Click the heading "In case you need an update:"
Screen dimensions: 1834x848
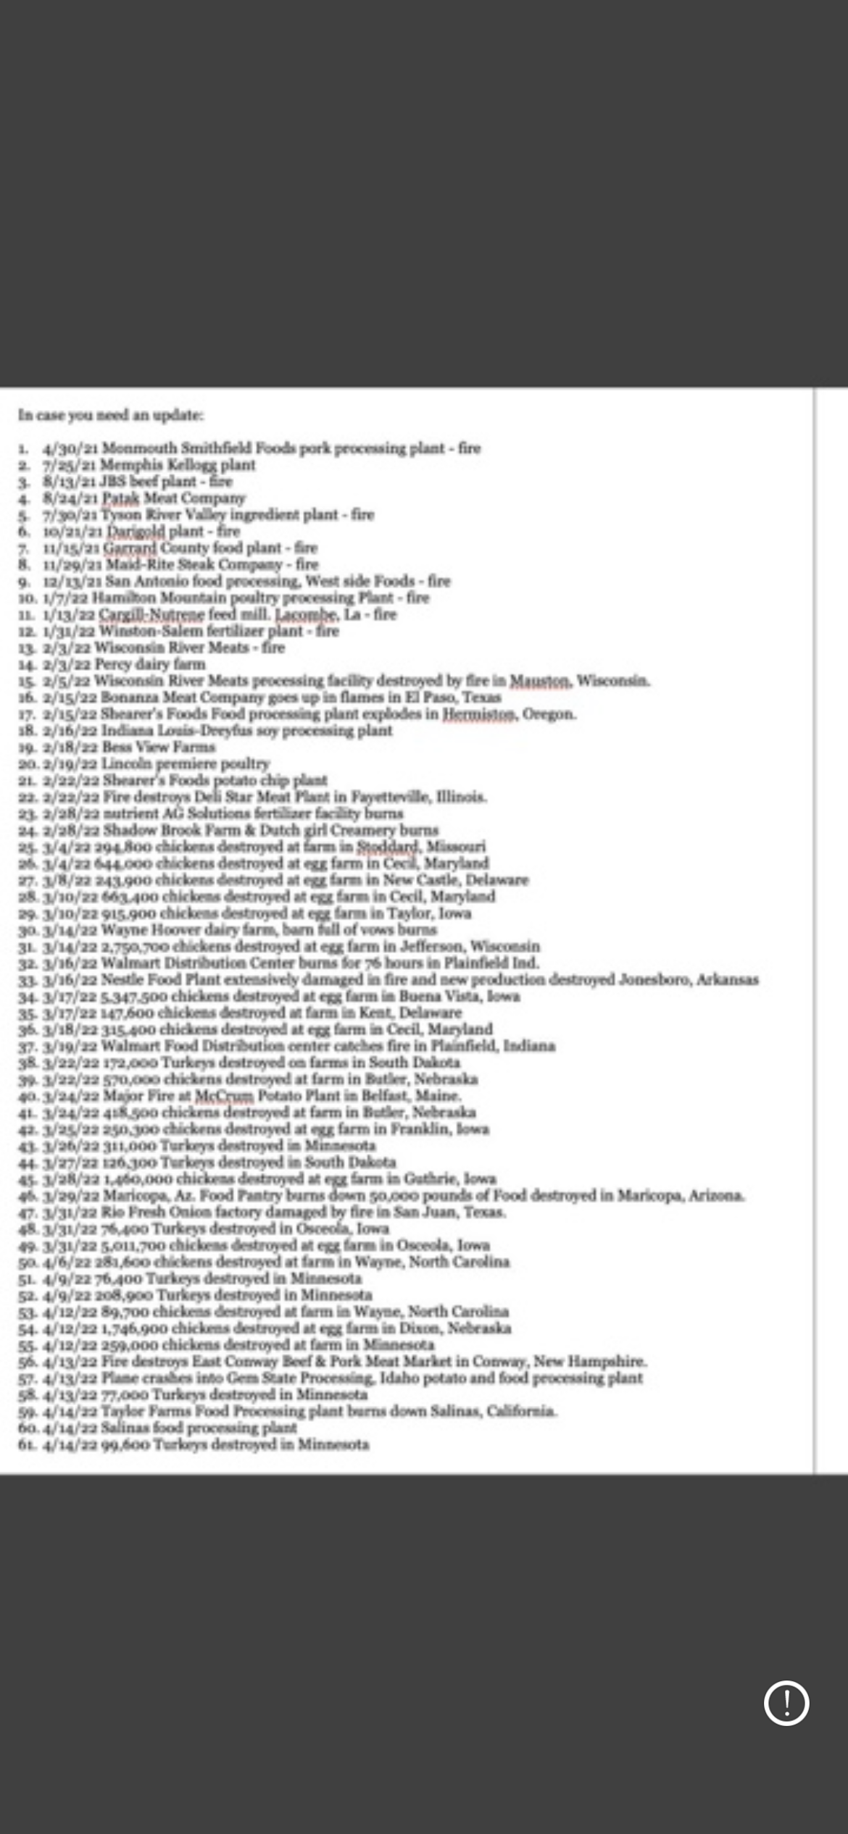[111, 415]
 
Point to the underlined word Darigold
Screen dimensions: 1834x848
[136, 531]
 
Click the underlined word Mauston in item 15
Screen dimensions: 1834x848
[541, 681]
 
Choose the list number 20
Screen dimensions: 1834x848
[28, 763]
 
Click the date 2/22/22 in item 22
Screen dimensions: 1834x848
[70, 797]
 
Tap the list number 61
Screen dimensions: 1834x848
[28, 1444]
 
